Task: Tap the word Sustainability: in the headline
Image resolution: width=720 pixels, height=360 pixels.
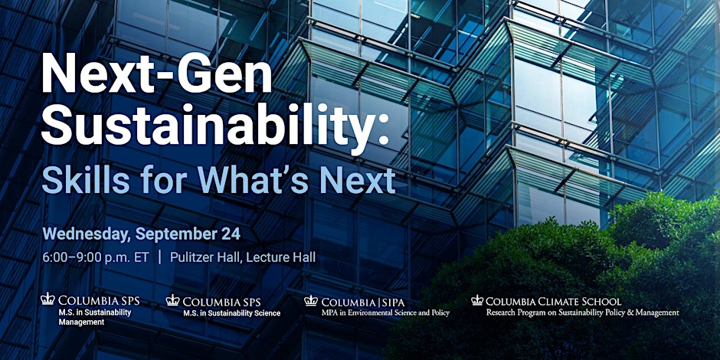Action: pos(215,126)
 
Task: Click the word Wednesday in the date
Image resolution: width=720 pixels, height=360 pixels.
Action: pos(87,234)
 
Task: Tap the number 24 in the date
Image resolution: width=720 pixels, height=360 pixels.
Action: pos(232,234)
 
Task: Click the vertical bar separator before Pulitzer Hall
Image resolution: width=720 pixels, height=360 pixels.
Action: pos(160,257)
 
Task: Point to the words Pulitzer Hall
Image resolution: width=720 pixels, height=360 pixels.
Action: pos(205,257)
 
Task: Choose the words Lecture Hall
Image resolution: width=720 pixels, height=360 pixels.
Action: pos(281,257)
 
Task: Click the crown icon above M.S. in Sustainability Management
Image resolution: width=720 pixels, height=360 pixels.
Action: pos(47,299)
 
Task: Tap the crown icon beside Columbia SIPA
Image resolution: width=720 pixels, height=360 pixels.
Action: pos(311,300)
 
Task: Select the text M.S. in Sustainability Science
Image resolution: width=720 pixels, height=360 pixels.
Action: pos(232,313)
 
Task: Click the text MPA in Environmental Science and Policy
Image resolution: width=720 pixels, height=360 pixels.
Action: pos(385,313)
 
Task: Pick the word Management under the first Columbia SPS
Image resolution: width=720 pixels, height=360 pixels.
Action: pos(81,322)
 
